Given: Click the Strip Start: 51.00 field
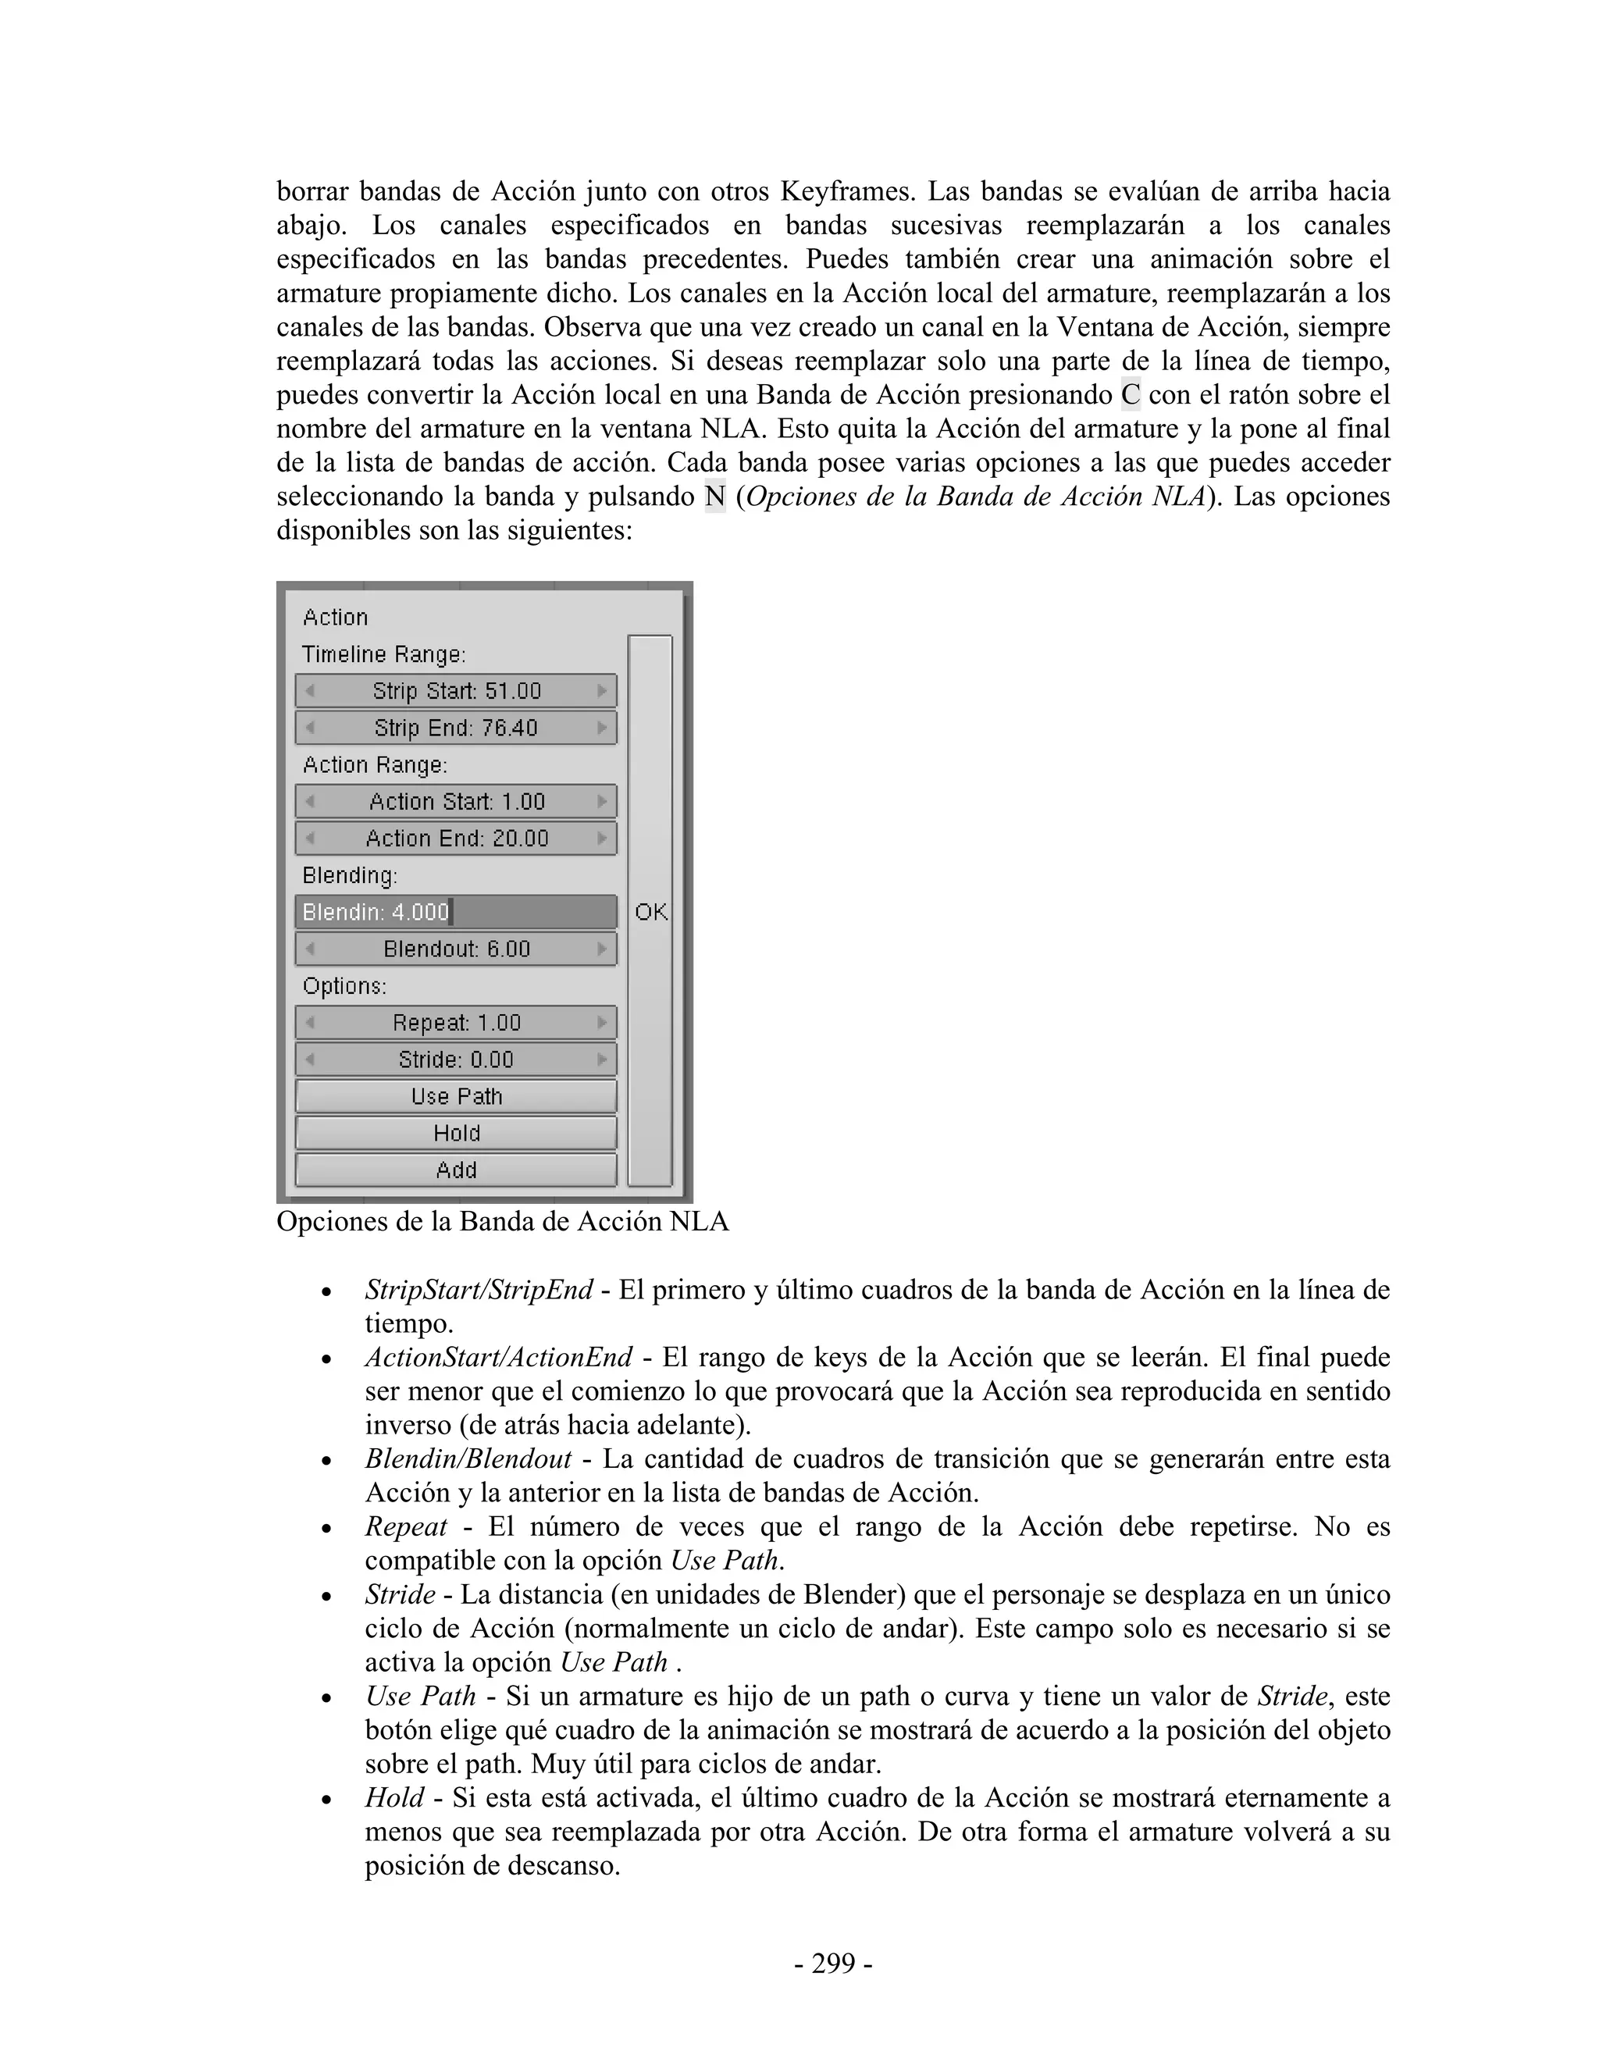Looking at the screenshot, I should click(x=456, y=691).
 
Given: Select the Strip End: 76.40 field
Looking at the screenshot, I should click(x=456, y=728).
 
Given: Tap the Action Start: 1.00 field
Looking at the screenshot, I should click(x=456, y=802).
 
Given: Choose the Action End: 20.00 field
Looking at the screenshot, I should click(x=456, y=839).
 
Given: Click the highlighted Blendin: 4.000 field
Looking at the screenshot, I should click(x=456, y=912).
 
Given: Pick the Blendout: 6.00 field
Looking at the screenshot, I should click(x=456, y=949).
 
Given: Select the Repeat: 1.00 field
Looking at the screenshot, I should click(x=456, y=1023).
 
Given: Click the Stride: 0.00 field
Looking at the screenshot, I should click(x=456, y=1059).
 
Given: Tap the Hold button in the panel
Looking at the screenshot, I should click(x=456, y=1133).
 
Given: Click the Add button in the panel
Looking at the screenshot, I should click(x=456, y=1170).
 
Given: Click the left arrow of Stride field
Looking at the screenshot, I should click(x=310, y=1059).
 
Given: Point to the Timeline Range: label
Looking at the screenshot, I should click(x=383, y=654).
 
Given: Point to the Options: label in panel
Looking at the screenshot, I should click(x=344, y=986).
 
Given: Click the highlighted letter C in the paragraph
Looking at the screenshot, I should click(x=1130, y=395).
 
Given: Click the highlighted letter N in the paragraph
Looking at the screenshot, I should click(x=714, y=497).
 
